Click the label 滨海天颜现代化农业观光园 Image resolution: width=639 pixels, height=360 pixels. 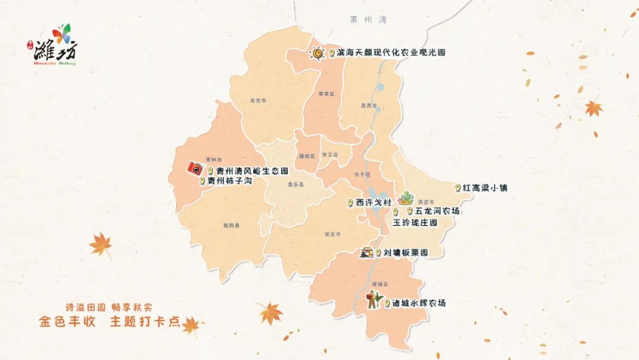coord(391,53)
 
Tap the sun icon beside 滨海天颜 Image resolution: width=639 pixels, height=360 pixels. coord(318,54)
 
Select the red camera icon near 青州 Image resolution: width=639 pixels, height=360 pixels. coord(195,168)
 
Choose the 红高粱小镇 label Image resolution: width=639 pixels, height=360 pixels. coord(485,188)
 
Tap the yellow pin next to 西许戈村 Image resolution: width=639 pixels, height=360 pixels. coord(351,202)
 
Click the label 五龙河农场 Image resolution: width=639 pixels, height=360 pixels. coord(437,211)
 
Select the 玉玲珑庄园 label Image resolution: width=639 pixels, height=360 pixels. coord(415,223)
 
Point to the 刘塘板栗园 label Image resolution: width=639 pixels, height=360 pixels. coord(405,253)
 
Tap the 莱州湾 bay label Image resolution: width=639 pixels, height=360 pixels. coord(367,20)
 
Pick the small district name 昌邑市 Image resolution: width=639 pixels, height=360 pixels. coord(369,105)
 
